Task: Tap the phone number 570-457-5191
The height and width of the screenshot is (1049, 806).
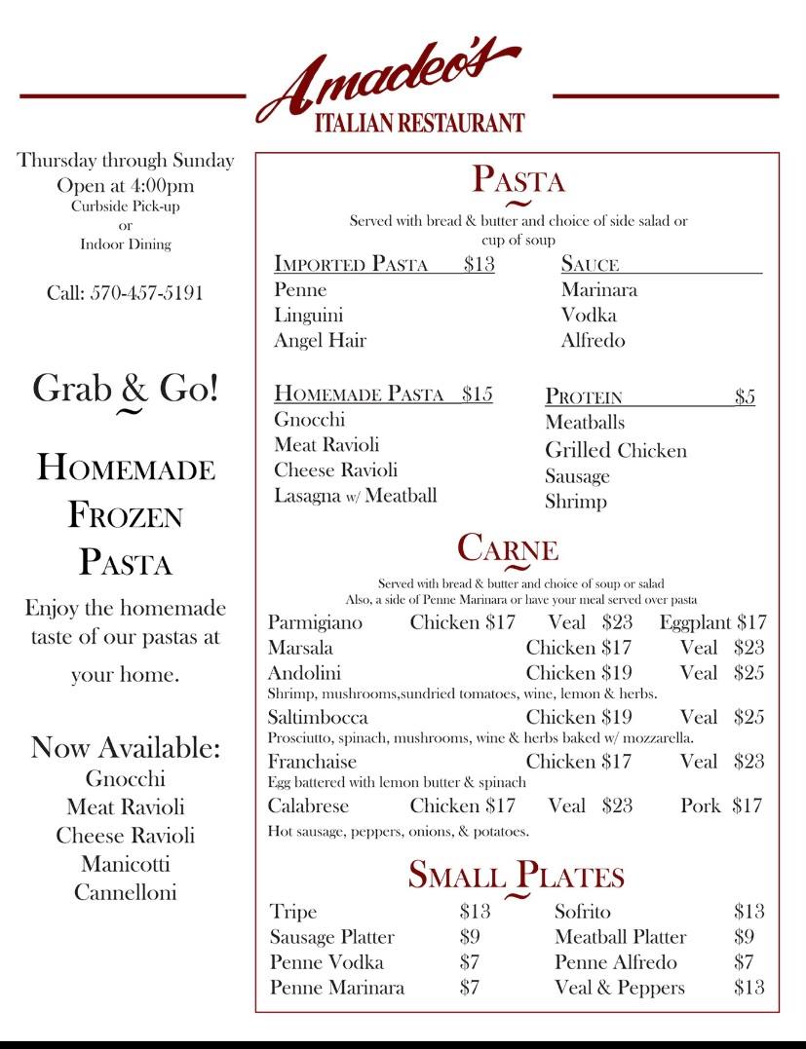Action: (125, 292)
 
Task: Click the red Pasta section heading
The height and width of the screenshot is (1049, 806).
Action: (518, 180)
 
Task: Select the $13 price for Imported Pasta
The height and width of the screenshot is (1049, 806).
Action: (479, 264)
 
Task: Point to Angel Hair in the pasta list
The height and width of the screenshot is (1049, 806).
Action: (320, 341)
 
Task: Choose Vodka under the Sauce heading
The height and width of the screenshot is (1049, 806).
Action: (589, 316)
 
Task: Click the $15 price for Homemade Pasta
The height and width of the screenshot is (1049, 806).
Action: (478, 394)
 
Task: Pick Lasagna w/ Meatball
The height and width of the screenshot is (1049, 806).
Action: (355, 496)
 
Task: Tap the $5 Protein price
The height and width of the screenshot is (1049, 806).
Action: (745, 396)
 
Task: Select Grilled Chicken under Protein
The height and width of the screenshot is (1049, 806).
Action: (615, 451)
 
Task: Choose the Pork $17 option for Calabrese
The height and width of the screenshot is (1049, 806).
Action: (721, 805)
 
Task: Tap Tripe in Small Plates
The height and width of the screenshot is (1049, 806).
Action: (293, 913)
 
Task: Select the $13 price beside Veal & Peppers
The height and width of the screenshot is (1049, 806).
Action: (748, 988)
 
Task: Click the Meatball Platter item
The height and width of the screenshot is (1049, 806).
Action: (620, 937)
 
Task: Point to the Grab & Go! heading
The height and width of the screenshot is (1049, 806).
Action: (126, 389)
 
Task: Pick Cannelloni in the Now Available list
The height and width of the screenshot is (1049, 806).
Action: (125, 892)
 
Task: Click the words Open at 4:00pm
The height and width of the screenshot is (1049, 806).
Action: (125, 186)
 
